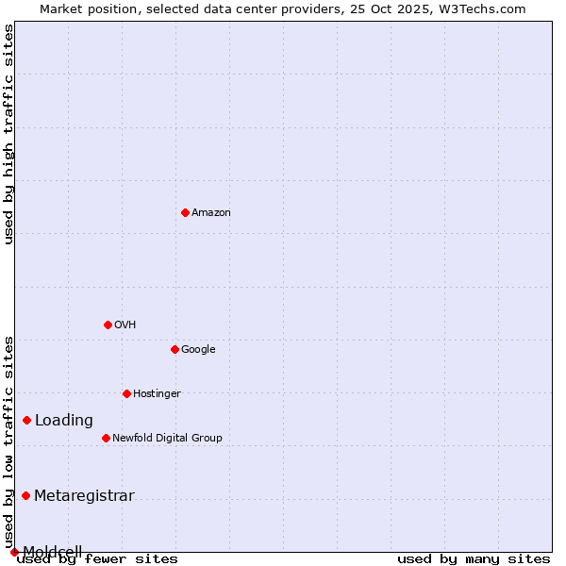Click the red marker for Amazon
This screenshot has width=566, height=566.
pyautogui.click(x=185, y=212)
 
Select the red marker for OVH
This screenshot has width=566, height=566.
pyautogui.click(x=108, y=325)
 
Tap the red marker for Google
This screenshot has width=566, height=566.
pyautogui.click(x=175, y=349)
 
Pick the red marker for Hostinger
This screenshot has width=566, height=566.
pyautogui.click(x=126, y=393)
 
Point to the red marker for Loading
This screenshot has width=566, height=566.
pyautogui.click(x=26, y=420)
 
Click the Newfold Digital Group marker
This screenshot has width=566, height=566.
pyautogui.click(x=106, y=438)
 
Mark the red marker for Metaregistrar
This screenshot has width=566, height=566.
pyautogui.click(x=25, y=495)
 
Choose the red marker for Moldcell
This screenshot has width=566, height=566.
pyautogui.click(x=14, y=552)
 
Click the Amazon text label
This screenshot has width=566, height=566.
pyautogui.click(x=211, y=212)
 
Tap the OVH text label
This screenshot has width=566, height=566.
pyautogui.click(x=125, y=325)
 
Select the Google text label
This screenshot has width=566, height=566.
pyautogui.click(x=198, y=349)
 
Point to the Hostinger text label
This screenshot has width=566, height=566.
pyautogui.click(x=157, y=393)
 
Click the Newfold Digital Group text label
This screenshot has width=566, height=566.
pyautogui.click(x=167, y=438)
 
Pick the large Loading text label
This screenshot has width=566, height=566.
pyautogui.click(x=64, y=421)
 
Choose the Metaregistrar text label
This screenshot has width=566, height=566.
pyautogui.click(x=84, y=496)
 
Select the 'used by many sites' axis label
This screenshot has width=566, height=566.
pyautogui.click(x=474, y=558)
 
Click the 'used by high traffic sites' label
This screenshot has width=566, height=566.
pyautogui.click(x=8, y=134)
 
